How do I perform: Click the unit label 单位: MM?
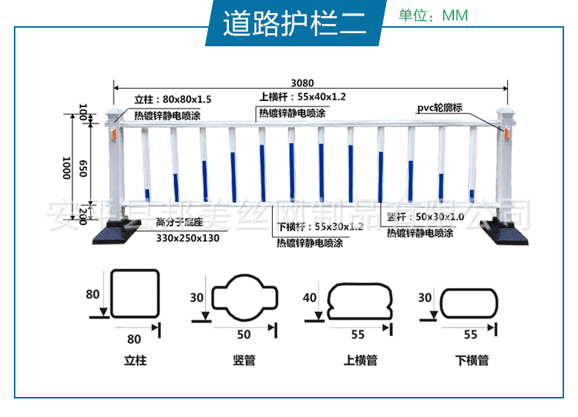(433, 15)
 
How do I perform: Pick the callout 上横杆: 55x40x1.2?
(303, 96)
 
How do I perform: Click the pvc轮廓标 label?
(440, 108)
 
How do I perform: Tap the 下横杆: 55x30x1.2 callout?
(319, 227)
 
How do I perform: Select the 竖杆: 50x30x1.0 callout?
(425, 217)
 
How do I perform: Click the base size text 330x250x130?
(188, 238)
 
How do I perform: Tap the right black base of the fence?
(506, 232)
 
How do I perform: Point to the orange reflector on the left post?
(113, 134)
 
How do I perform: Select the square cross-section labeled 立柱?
(134, 294)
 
